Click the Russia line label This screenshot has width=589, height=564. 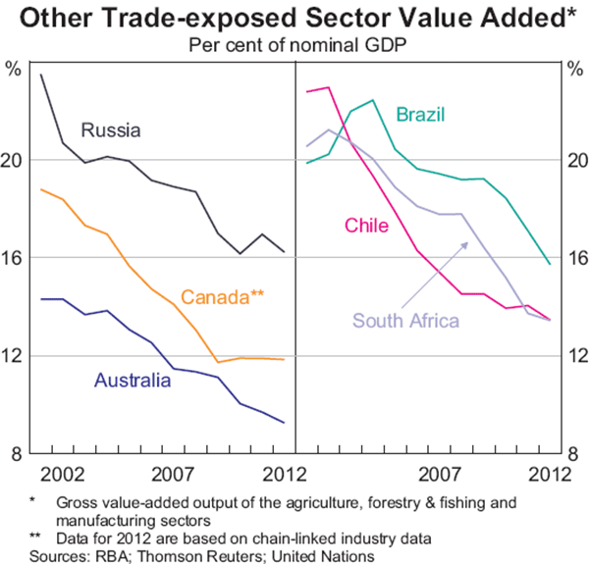(112, 130)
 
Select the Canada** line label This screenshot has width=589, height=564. (223, 296)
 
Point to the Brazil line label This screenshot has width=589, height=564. (421, 117)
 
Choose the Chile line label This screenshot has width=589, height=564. (366, 227)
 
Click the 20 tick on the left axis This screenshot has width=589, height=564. (14, 160)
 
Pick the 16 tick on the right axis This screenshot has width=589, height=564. (576, 258)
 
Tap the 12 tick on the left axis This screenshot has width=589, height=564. (14, 356)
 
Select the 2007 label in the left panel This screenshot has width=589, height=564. (176, 475)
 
